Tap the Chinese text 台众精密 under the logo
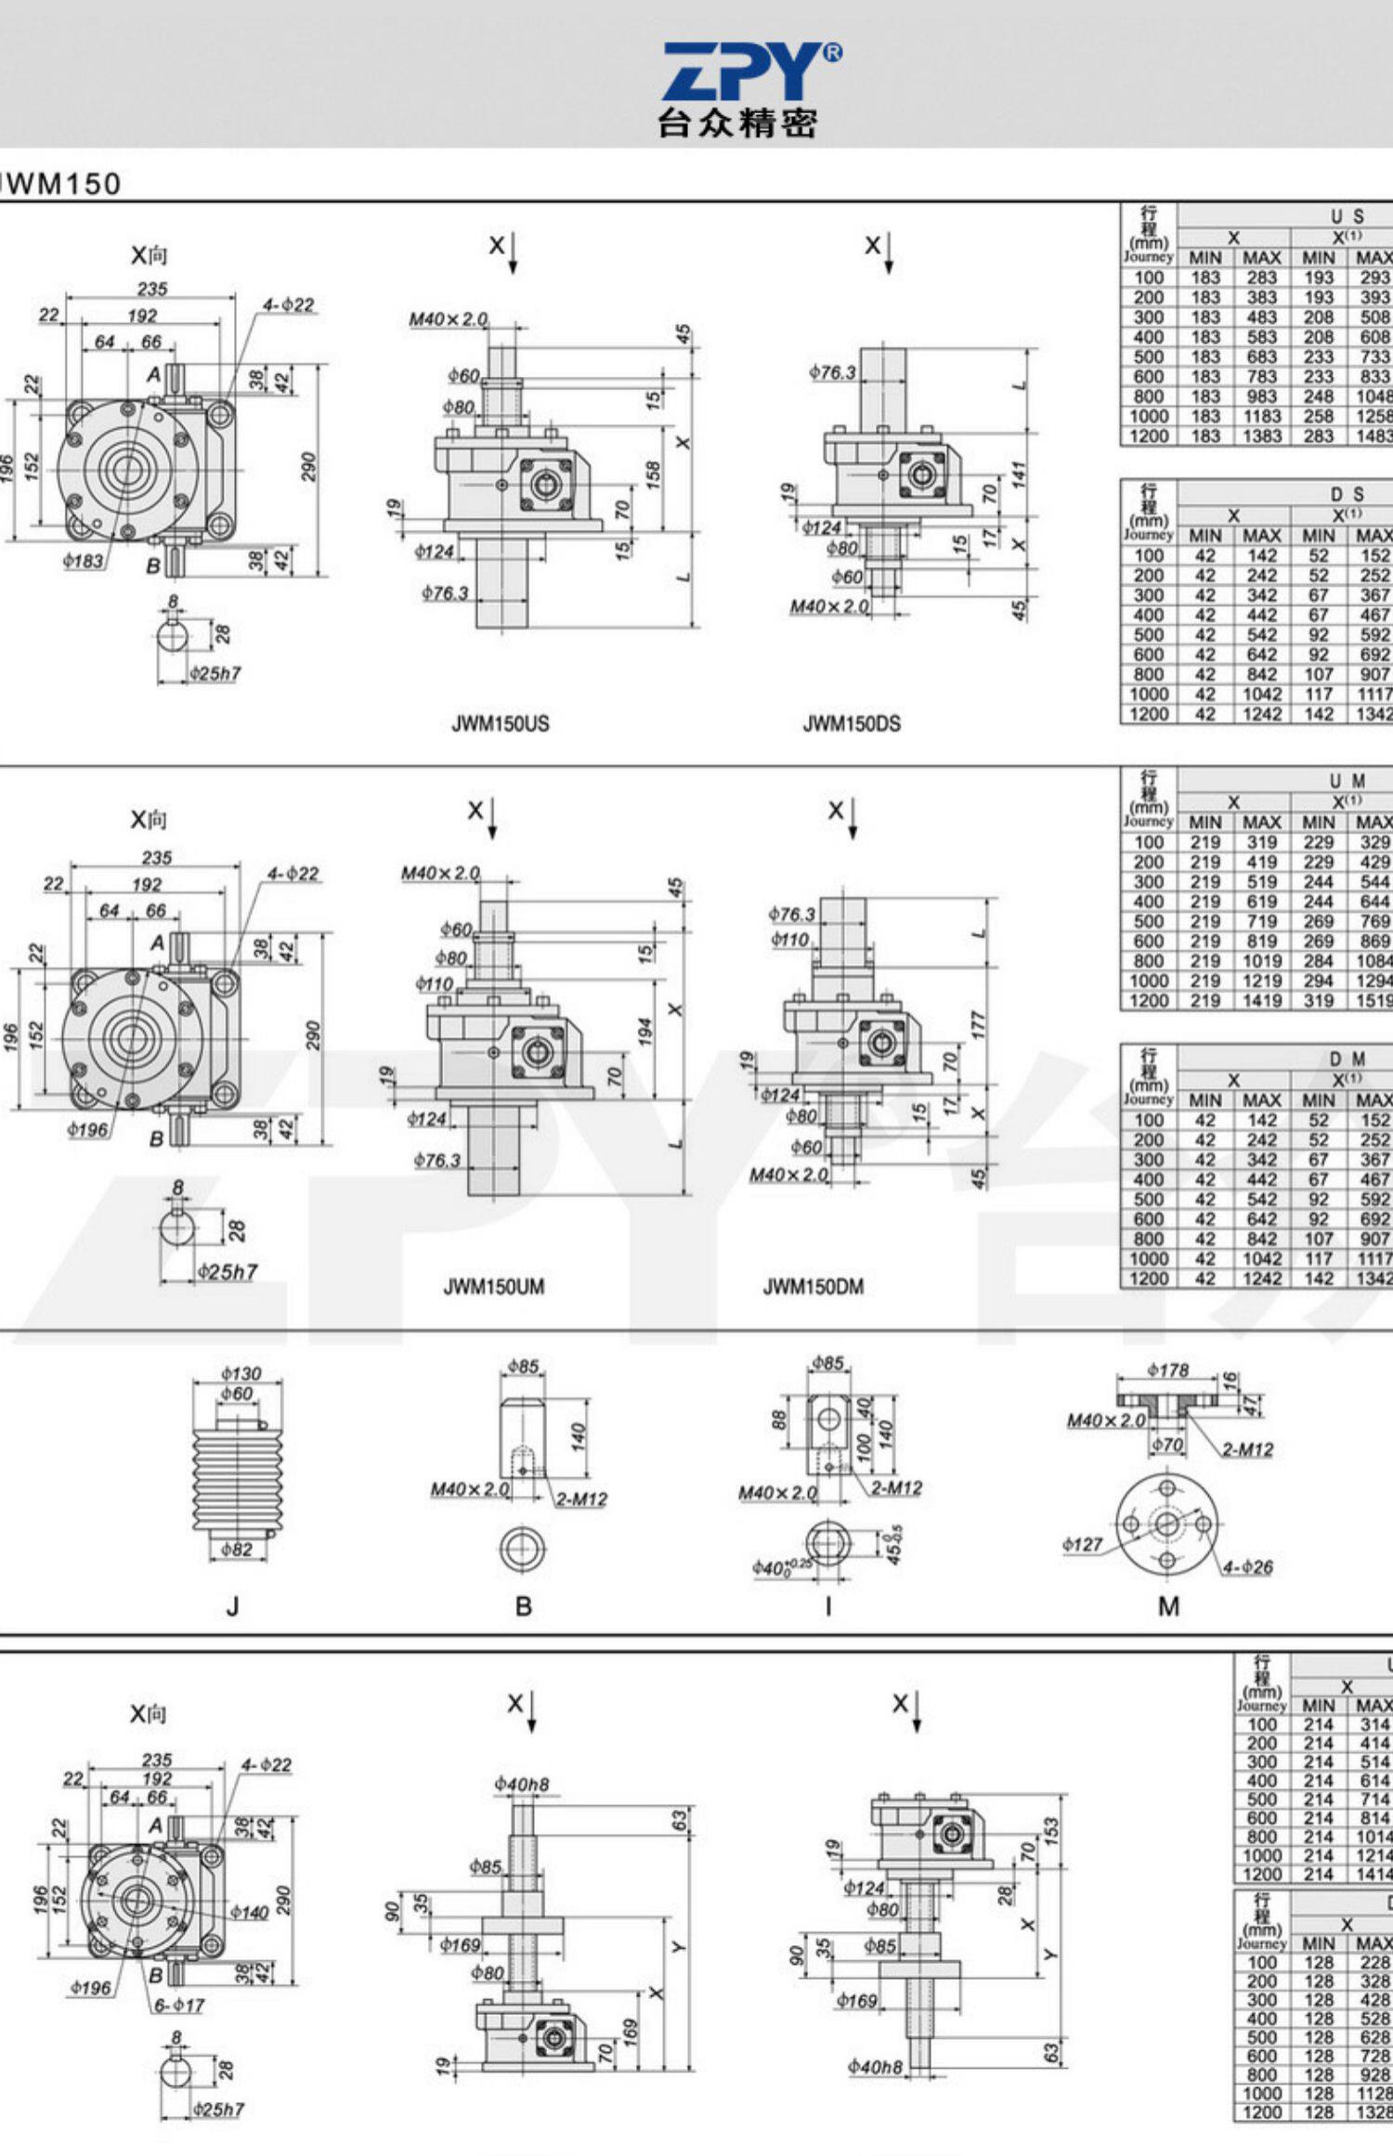737,123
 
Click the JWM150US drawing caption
500,723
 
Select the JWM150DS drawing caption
851,723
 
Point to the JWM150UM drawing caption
493,1287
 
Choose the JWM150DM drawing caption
813,1287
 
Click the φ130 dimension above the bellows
241,1373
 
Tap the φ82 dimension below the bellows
237,1550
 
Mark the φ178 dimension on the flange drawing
1167,1370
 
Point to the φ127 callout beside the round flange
1082,1544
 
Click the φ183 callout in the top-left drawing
84,561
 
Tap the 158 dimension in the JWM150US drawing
654,474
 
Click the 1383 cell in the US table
1261,435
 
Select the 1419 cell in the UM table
1261,1001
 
